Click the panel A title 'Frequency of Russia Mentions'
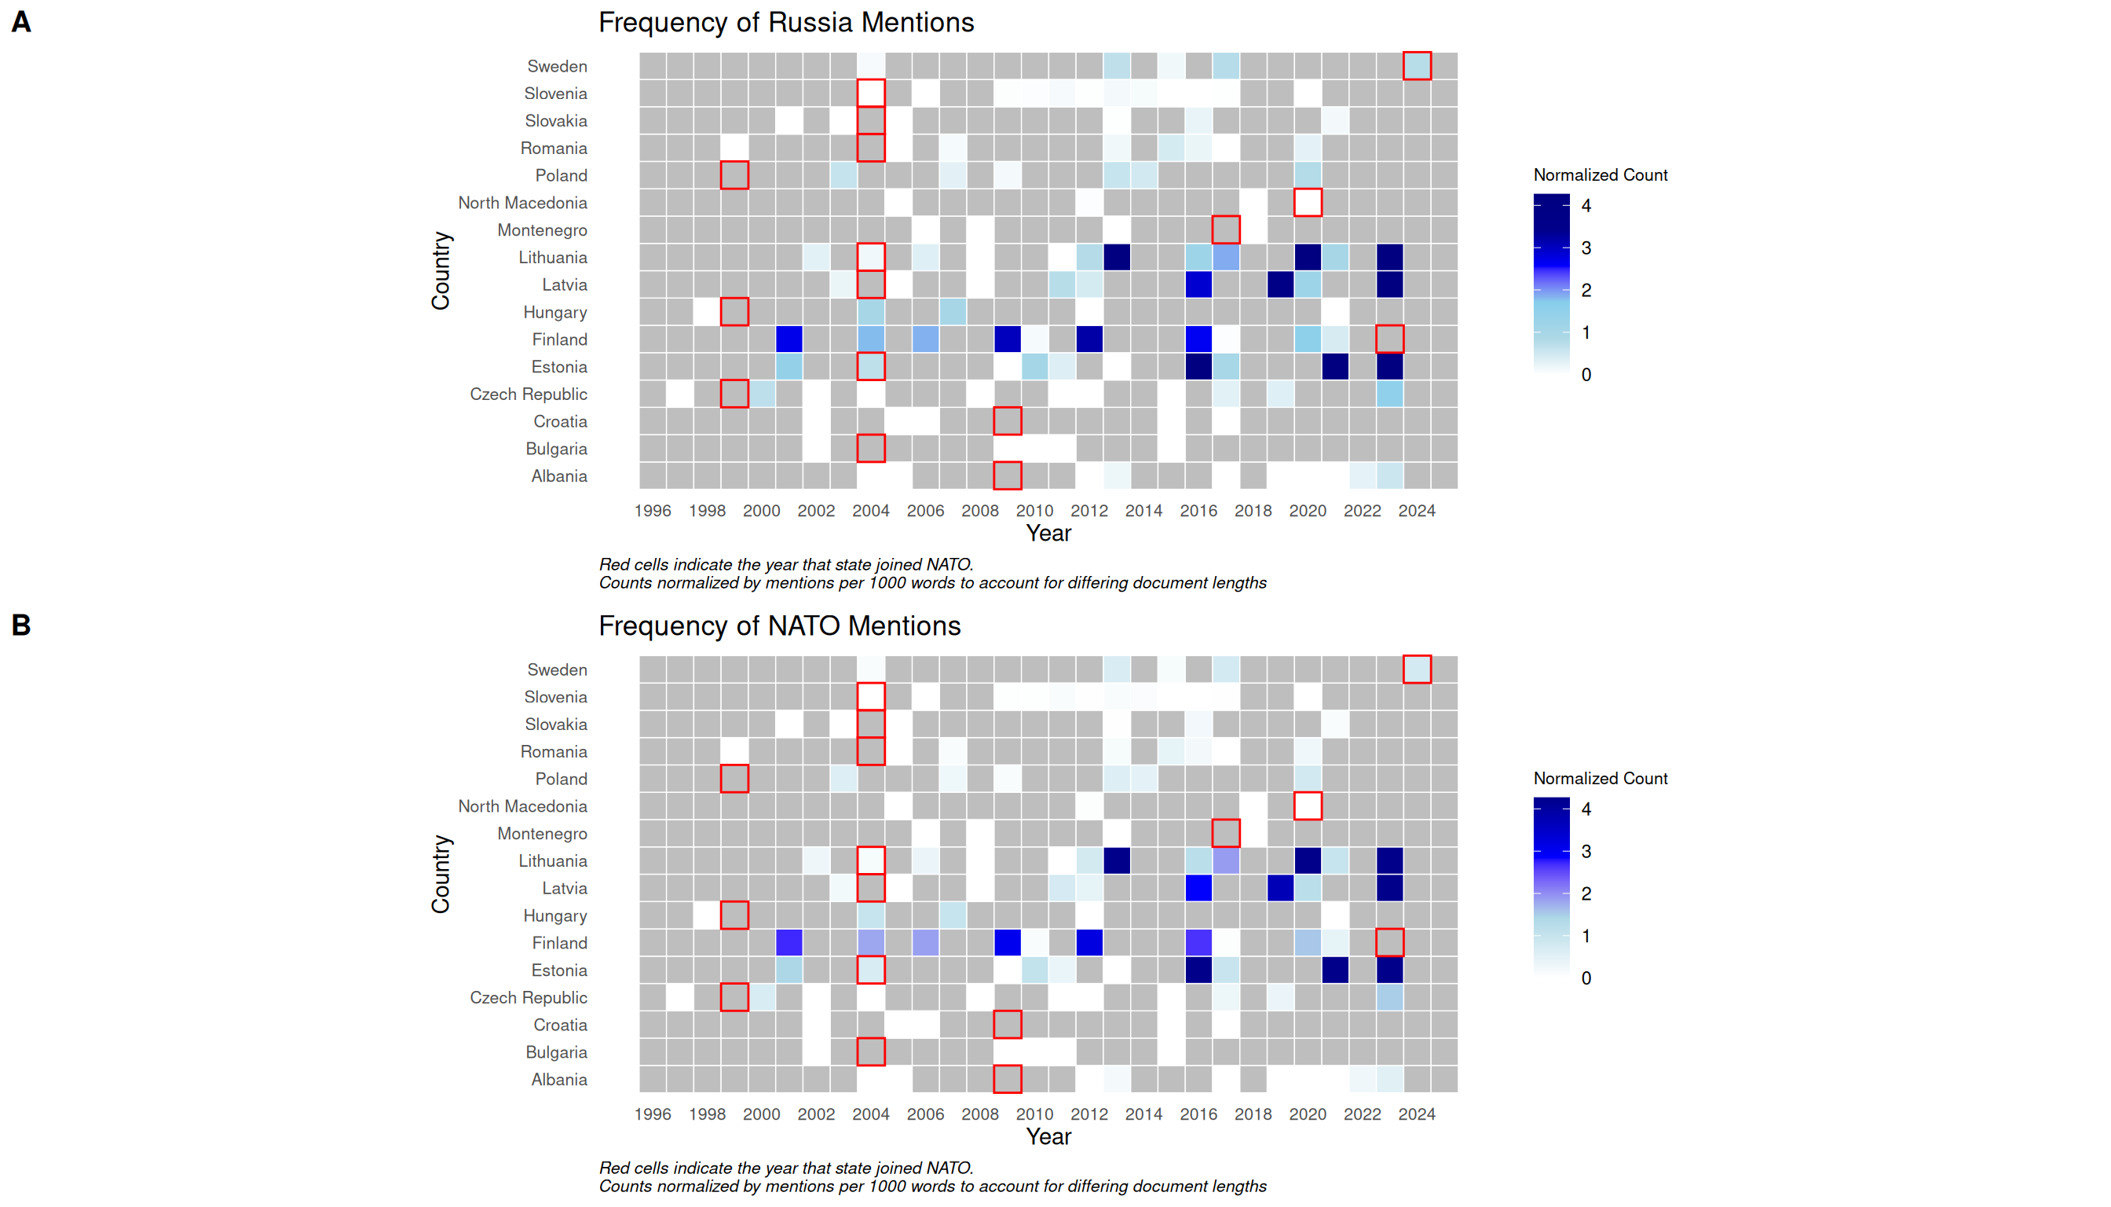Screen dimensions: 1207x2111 pyautogui.click(x=785, y=22)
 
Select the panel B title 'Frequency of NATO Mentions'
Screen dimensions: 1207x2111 pyautogui.click(x=779, y=626)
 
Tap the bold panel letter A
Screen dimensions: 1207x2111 pyautogui.click(x=21, y=22)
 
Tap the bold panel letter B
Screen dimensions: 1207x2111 pyautogui.click(x=21, y=625)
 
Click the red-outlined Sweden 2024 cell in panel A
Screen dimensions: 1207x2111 pyautogui.click(x=1417, y=65)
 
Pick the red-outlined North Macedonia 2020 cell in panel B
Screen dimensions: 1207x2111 pyautogui.click(x=1308, y=805)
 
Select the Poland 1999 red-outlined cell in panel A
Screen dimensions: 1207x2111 pyautogui.click(x=734, y=175)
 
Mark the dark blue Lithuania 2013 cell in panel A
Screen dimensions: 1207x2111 pyautogui.click(x=1117, y=257)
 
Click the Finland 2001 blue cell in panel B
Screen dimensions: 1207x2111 pyautogui.click(x=788, y=942)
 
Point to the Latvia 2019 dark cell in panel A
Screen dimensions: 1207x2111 pyautogui.click(x=1280, y=284)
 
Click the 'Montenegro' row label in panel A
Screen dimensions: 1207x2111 pyautogui.click(x=542, y=230)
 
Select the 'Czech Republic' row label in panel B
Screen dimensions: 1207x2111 pyautogui.click(x=528, y=997)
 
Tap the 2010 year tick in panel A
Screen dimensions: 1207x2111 pyautogui.click(x=1034, y=511)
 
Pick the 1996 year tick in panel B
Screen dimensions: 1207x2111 pyautogui.click(x=652, y=1114)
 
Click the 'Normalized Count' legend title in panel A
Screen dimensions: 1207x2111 pyautogui.click(x=1600, y=175)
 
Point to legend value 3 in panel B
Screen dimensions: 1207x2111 pyautogui.click(x=1586, y=851)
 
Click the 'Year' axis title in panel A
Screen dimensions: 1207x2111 pyautogui.click(x=1048, y=533)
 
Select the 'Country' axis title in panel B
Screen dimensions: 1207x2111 pyautogui.click(x=440, y=875)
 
